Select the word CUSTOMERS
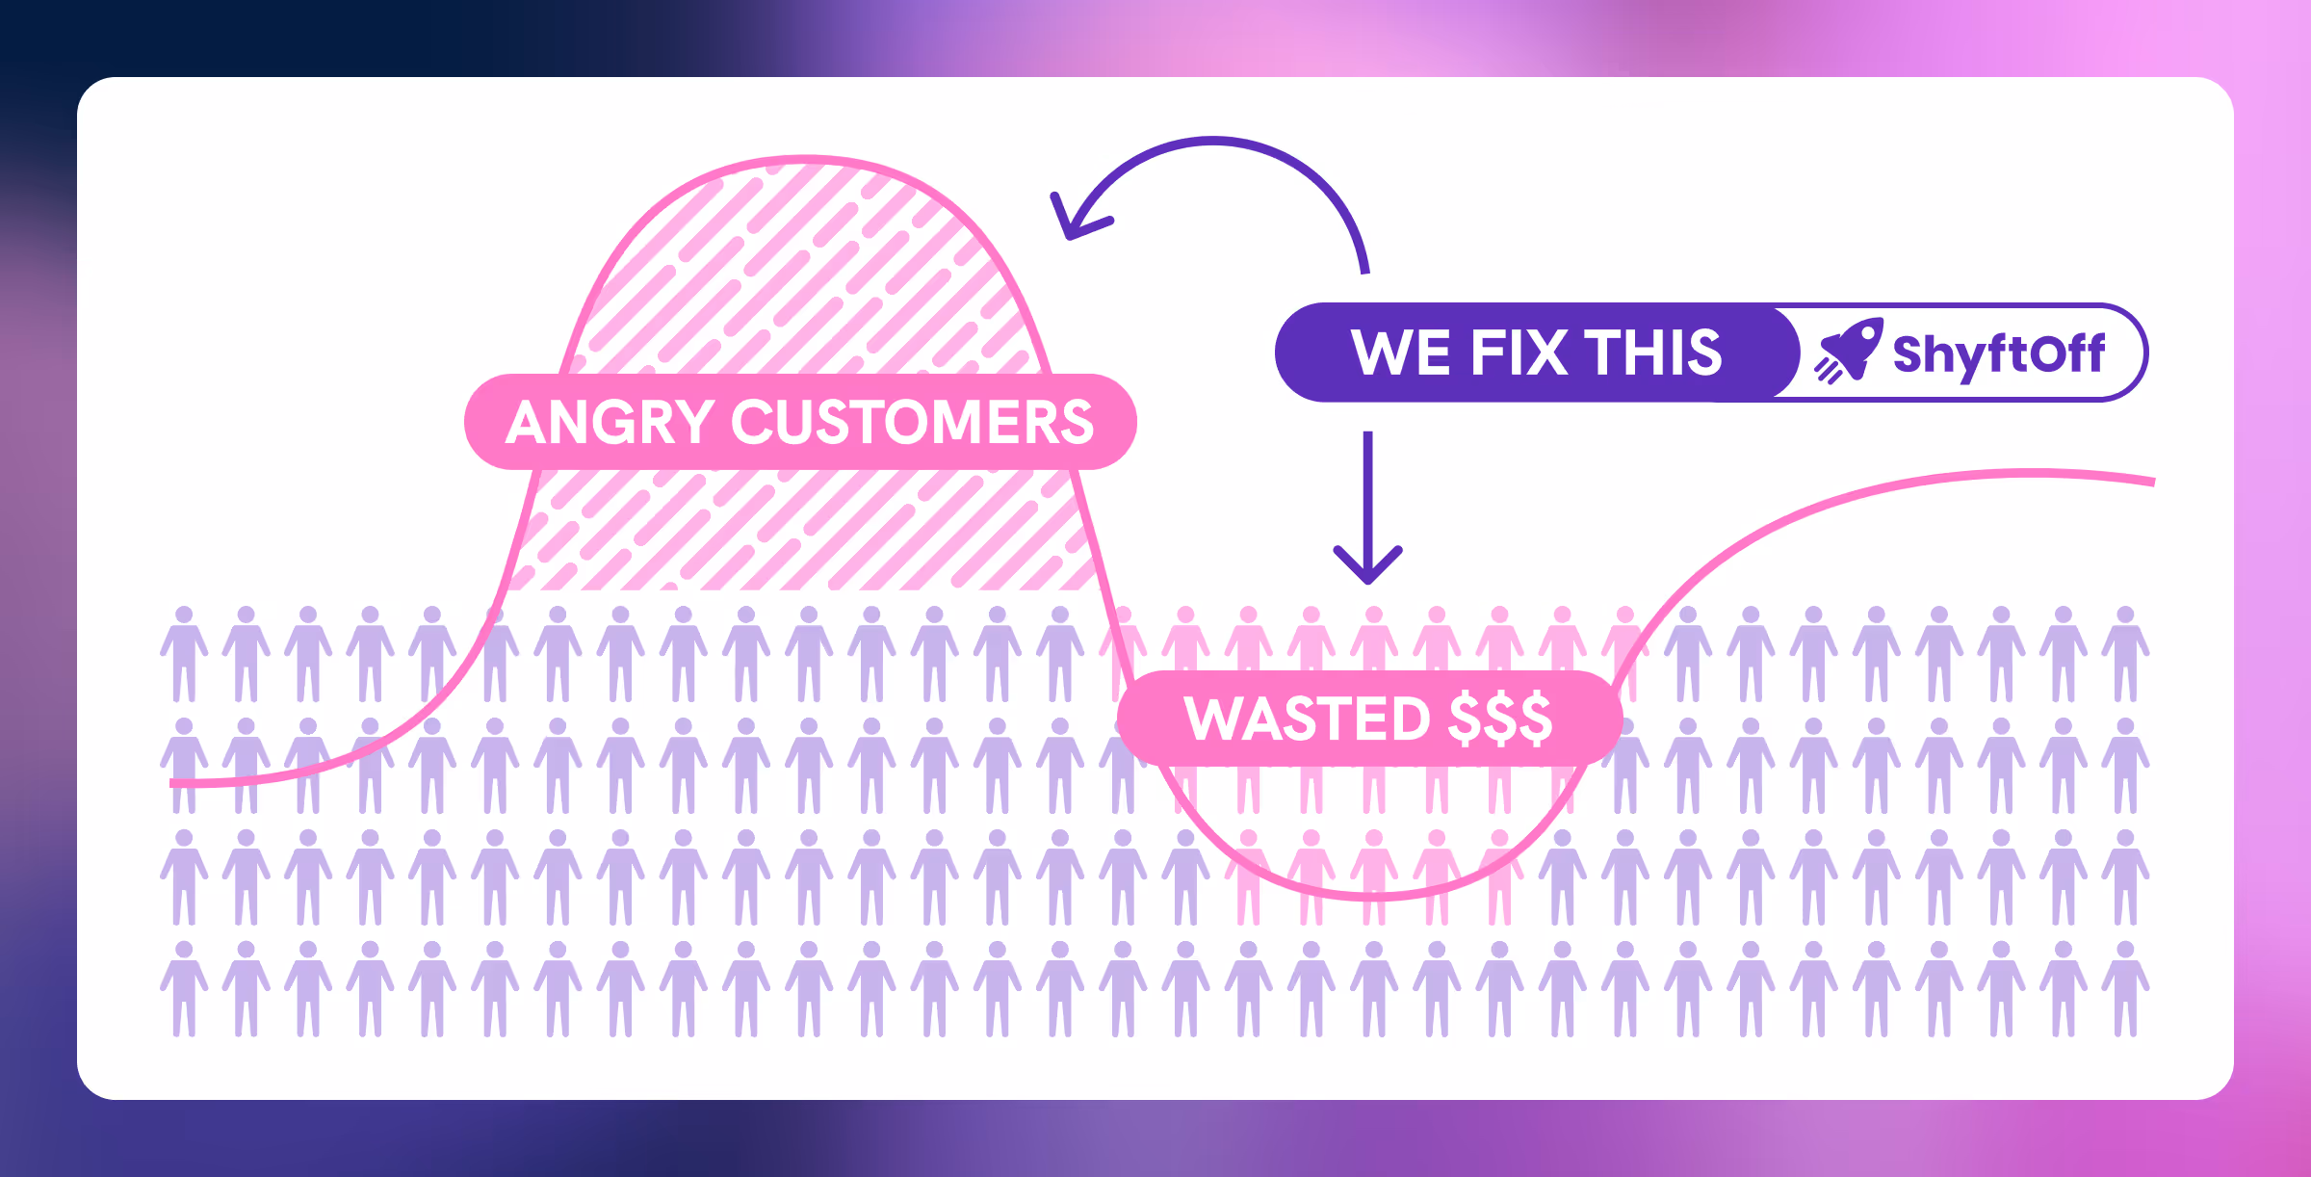(912, 422)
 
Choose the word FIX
(1519, 353)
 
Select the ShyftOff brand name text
(1999, 354)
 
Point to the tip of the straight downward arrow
(1367, 580)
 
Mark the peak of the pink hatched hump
(805, 159)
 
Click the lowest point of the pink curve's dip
(1372, 896)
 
